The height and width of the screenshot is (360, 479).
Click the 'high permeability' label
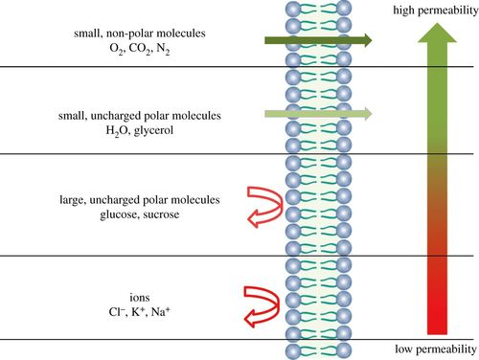coord(436,11)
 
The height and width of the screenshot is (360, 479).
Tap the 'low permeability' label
coord(436,349)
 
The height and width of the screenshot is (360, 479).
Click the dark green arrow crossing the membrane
coord(318,40)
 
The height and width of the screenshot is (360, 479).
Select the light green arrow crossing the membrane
coord(318,114)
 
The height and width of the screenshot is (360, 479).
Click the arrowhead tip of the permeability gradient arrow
coord(437,23)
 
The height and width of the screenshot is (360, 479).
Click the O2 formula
coord(116,49)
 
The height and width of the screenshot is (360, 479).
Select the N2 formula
coord(163,49)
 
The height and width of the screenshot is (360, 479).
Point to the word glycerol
coord(153,130)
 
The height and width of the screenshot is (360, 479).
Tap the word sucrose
coord(161,214)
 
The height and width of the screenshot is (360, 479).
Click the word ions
coord(140,298)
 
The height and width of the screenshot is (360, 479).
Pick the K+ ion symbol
coord(138,311)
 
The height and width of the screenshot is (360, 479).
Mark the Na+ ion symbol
coord(161,311)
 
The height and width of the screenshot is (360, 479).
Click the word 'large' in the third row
coord(73,200)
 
